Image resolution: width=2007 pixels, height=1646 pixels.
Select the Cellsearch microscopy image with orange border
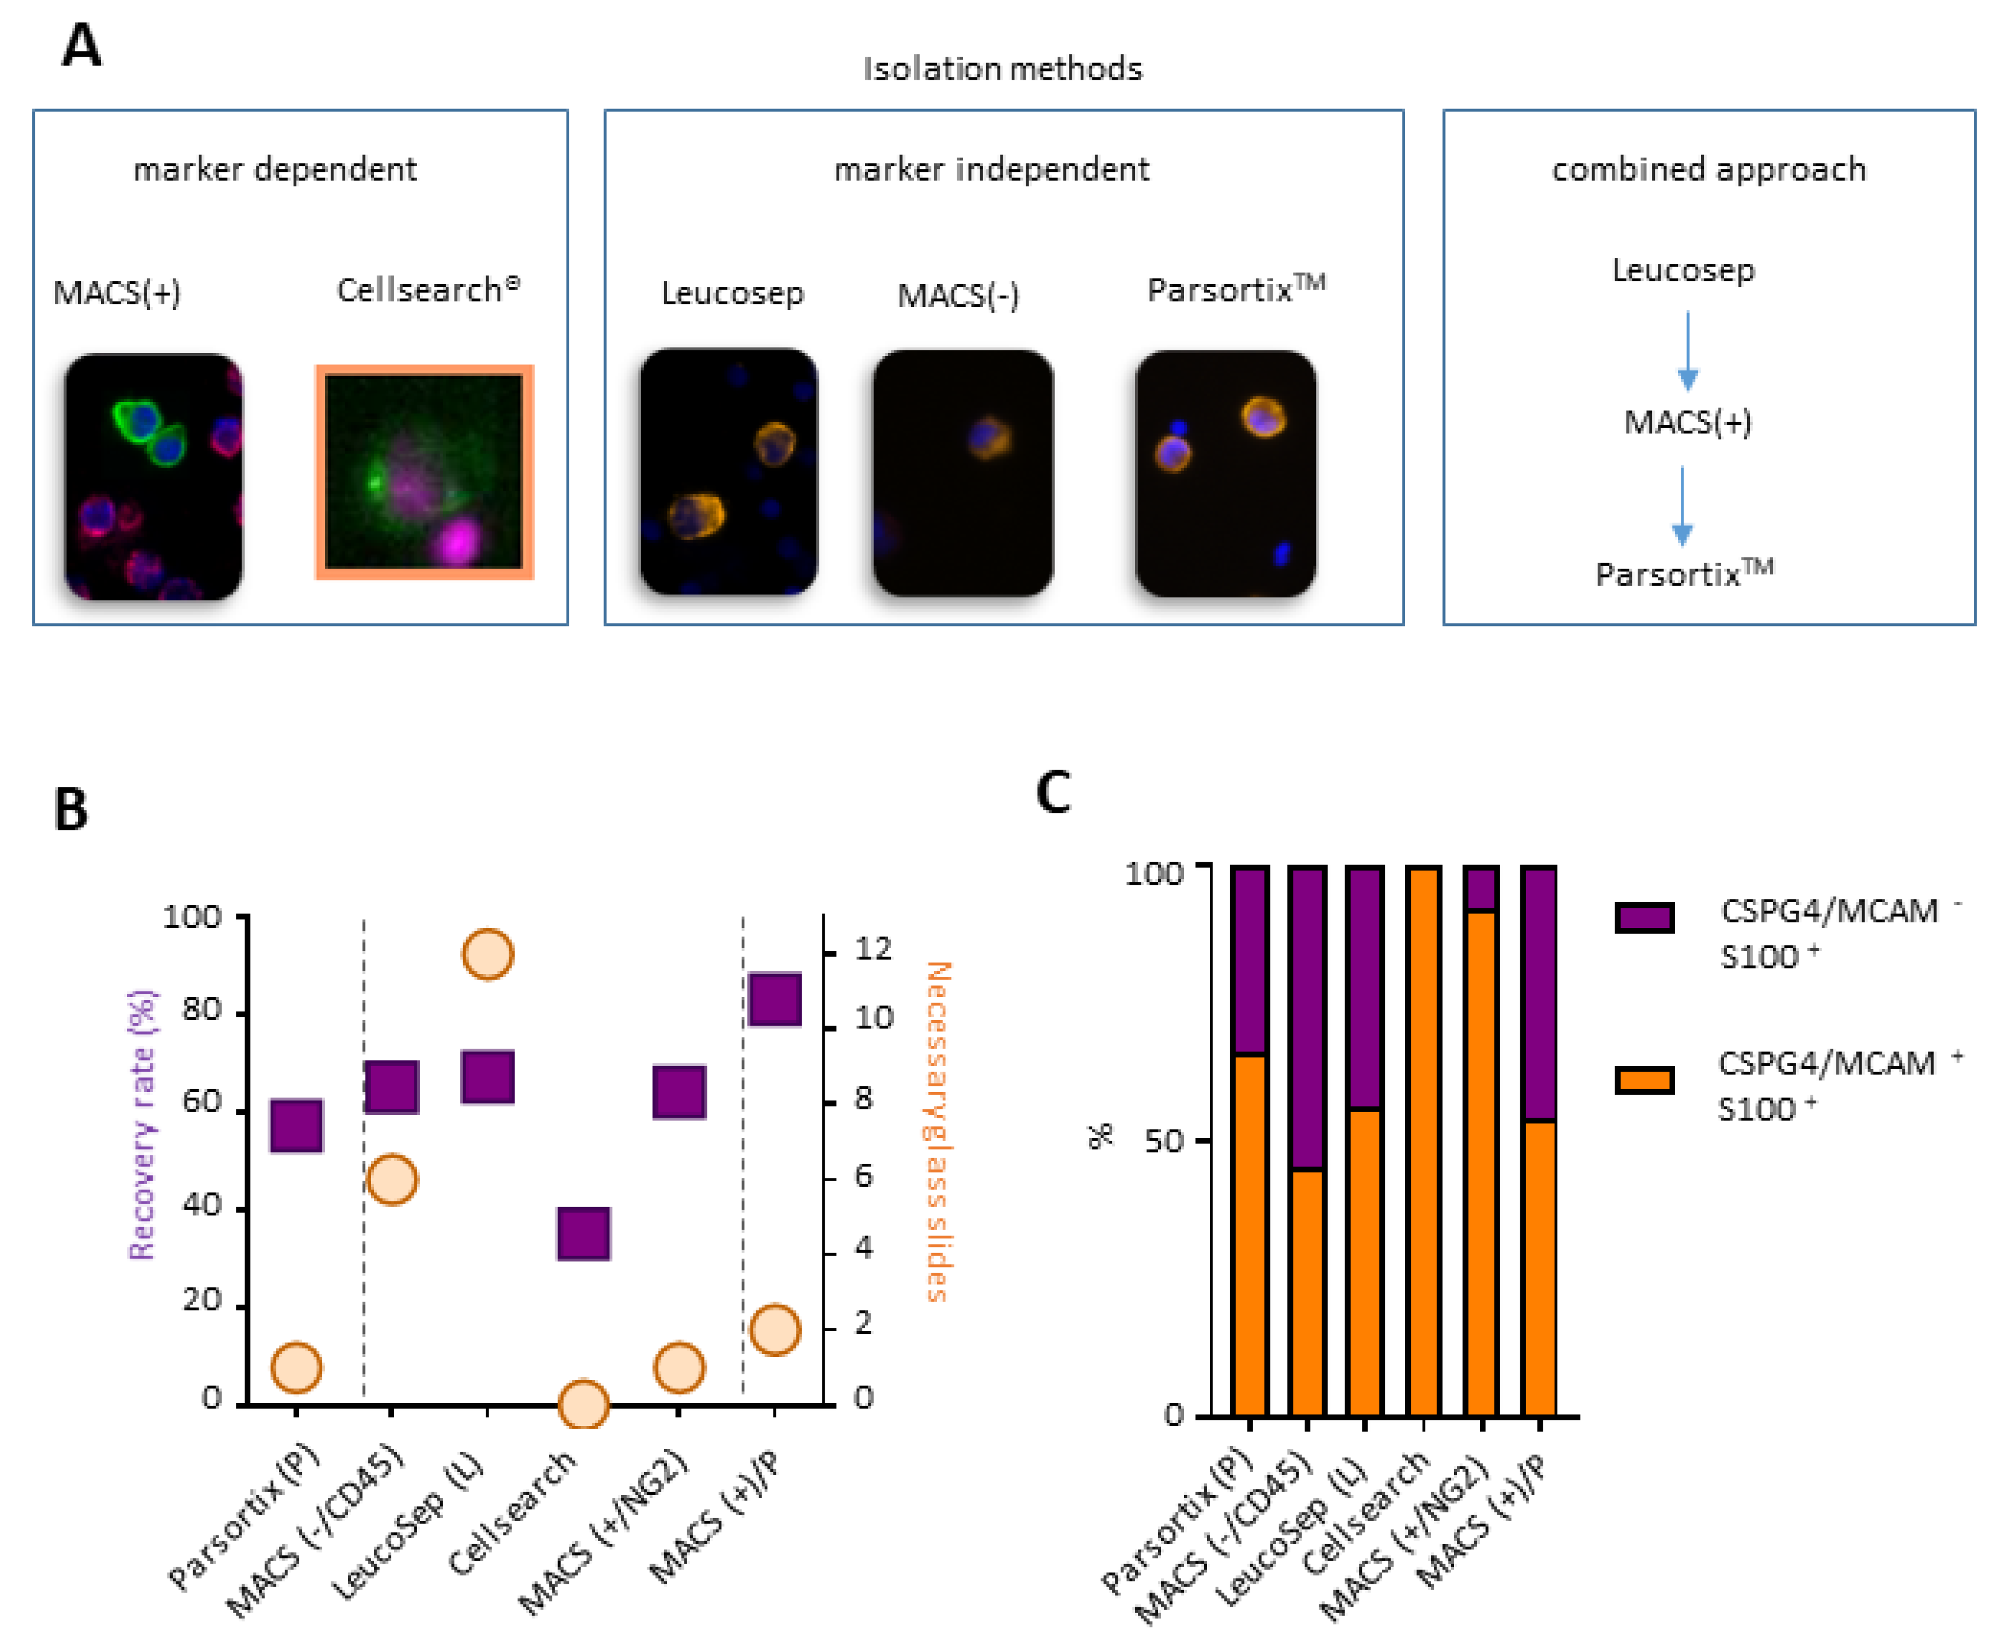click(424, 471)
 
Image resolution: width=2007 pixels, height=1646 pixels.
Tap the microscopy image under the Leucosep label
click(728, 471)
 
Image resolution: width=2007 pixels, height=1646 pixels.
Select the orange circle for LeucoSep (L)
click(487, 954)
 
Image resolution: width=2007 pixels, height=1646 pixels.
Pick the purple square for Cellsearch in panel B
click(583, 1233)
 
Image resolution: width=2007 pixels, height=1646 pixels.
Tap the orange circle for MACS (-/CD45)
click(391, 1179)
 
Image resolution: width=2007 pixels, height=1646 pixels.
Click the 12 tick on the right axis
click(872, 948)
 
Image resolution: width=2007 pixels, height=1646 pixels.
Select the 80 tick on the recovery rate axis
click(201, 1010)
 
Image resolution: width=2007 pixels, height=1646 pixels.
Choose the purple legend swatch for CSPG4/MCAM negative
click(1644, 917)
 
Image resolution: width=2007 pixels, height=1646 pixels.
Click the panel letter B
click(71, 810)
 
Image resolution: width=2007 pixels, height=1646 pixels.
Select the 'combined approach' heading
click(1707, 170)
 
